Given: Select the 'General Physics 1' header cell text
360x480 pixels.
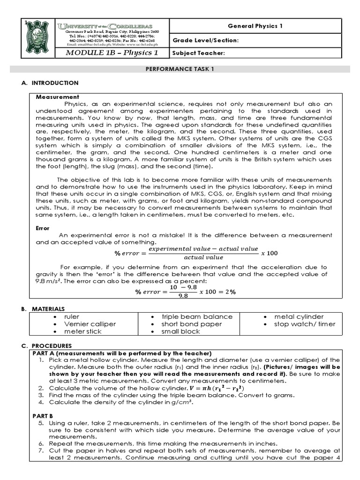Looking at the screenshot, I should point(255,26).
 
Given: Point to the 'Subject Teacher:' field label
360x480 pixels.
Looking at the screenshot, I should point(199,53).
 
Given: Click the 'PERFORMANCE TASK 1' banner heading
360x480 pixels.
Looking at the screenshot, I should point(180,69).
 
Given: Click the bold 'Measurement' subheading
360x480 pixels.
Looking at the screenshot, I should point(54,97).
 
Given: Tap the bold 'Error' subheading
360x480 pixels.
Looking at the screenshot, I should point(43,228).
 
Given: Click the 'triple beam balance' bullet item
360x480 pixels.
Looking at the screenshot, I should point(190,316).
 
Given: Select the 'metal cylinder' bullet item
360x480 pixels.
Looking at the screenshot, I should point(299,316).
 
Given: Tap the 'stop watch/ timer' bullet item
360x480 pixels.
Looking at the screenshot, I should point(305,324).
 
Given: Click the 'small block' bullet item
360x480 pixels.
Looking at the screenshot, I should point(180,331).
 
